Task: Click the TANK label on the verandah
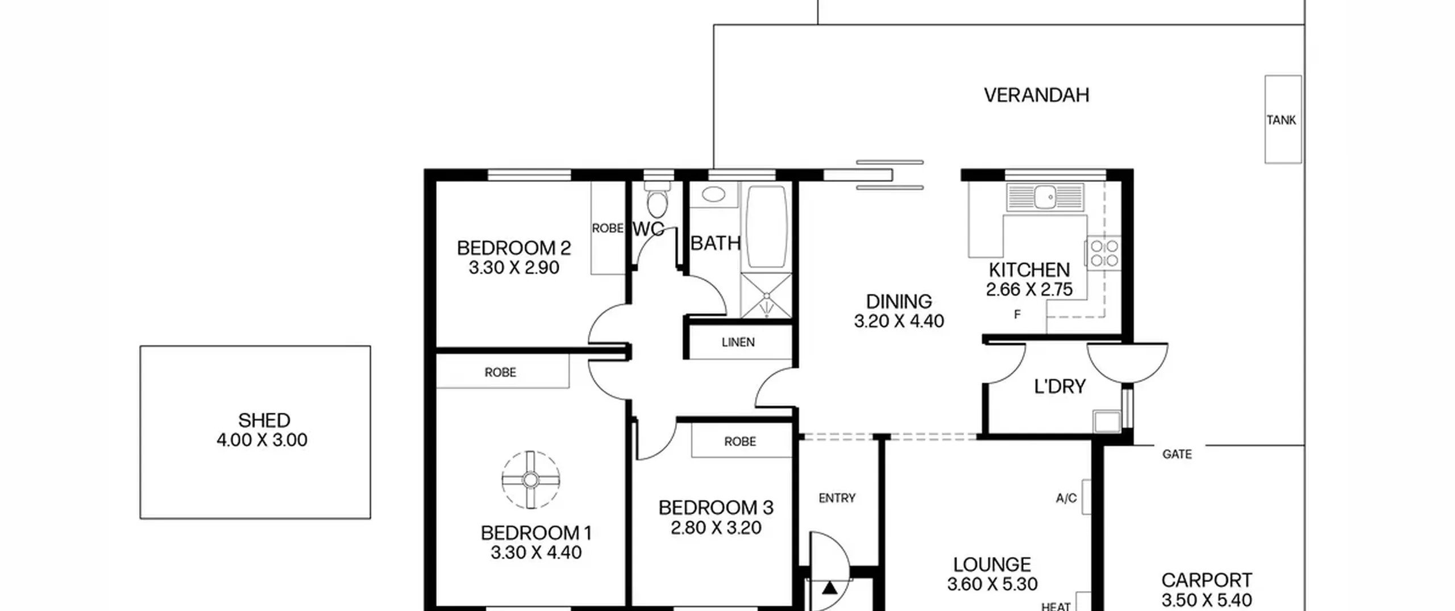coord(1281,120)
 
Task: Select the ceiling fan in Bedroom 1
coord(530,480)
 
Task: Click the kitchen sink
coord(1045,197)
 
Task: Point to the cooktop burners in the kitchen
coord(1104,253)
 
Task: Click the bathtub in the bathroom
coord(766,226)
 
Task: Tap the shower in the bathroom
coord(766,296)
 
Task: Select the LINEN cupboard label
coord(738,342)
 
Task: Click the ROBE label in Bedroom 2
coord(608,228)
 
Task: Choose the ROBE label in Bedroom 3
coord(740,442)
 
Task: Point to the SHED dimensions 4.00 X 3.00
coord(262,440)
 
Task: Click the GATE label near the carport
coord(1177,454)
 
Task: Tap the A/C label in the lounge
coord(1066,498)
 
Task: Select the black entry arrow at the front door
coord(830,588)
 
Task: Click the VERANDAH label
coord(1037,95)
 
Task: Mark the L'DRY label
coord(1059,386)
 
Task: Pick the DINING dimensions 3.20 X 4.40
coord(899,321)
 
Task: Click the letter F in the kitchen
coord(1017,314)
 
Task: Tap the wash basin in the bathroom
coord(713,194)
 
